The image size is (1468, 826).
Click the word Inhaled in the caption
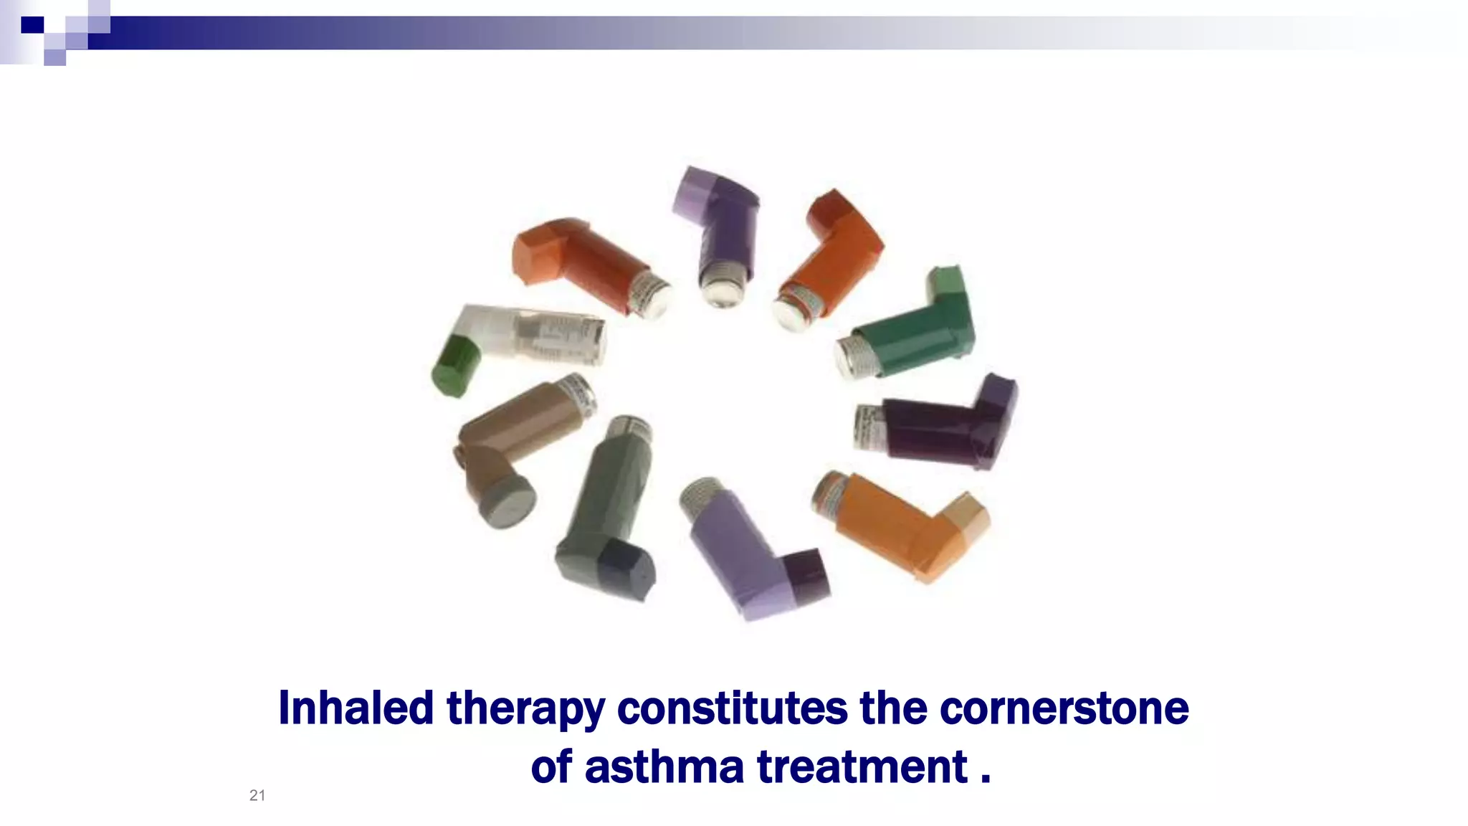(356, 708)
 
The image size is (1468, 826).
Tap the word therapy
(525, 708)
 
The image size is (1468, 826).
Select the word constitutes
(732, 708)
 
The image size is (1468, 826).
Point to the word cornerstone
(1064, 708)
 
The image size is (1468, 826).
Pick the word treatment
(862, 766)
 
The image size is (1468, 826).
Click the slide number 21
(257, 795)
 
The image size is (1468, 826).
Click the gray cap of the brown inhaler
(507, 500)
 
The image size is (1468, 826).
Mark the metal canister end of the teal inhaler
(855, 356)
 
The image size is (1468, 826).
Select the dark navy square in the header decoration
(32, 25)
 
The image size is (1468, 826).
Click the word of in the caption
(551, 766)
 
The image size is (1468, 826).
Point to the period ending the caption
(986, 779)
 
